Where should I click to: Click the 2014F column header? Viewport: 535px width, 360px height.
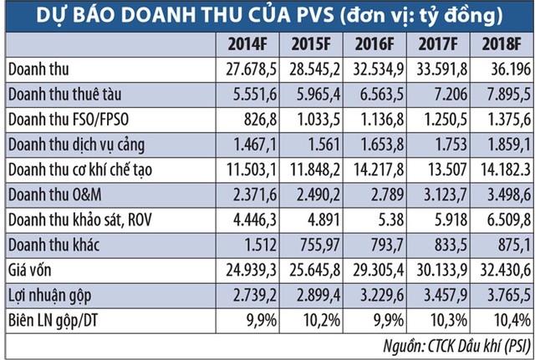242,43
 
